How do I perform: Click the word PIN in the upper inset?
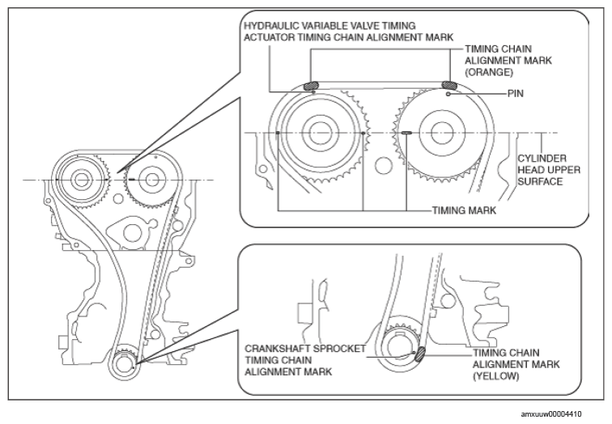click(x=515, y=94)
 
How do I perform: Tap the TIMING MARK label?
click(x=464, y=210)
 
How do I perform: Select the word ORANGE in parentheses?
click(x=489, y=72)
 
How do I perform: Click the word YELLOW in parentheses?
click(x=496, y=376)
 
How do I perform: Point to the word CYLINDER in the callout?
click(x=542, y=159)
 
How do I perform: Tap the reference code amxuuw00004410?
click(x=550, y=413)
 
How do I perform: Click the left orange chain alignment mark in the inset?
click(x=311, y=84)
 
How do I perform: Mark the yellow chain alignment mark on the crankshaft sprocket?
click(x=420, y=354)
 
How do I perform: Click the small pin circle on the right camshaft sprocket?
click(x=448, y=94)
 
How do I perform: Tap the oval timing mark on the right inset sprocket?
click(x=406, y=133)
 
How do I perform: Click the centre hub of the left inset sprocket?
click(x=319, y=133)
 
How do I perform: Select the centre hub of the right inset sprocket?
click(x=442, y=133)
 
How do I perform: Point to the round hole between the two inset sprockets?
click(x=383, y=165)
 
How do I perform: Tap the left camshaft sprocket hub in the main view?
click(x=82, y=180)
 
